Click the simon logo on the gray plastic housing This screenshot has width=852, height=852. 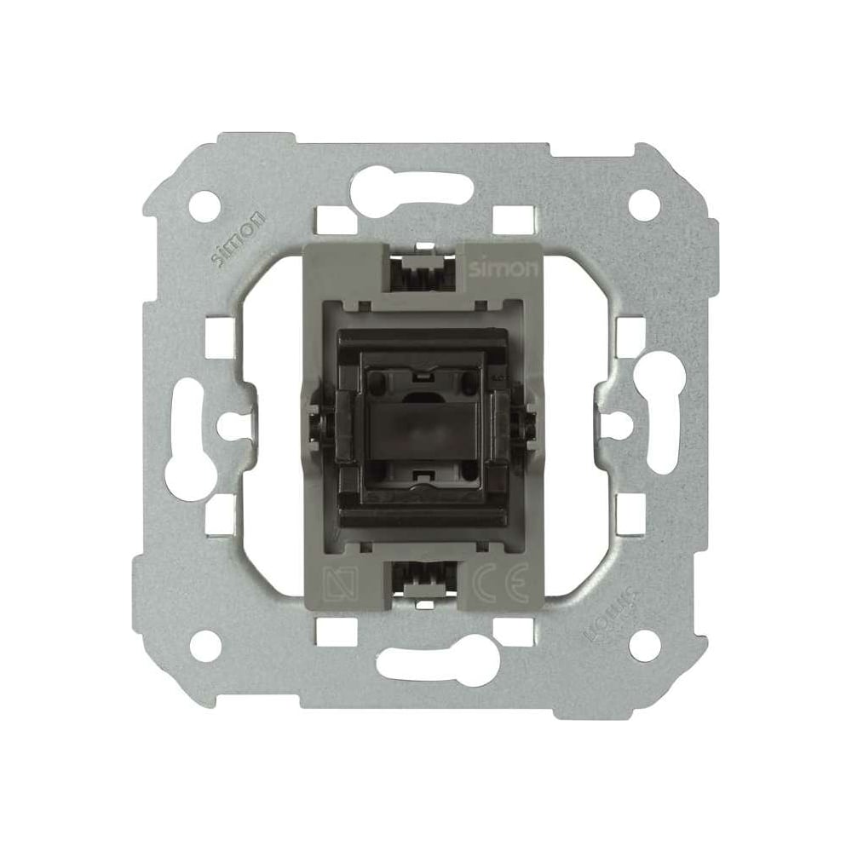pyautogui.click(x=504, y=269)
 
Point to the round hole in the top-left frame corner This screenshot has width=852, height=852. pyautogui.click(x=206, y=205)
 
